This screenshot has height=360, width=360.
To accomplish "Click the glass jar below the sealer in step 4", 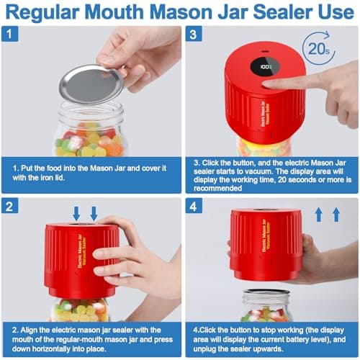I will pos(266,307).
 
